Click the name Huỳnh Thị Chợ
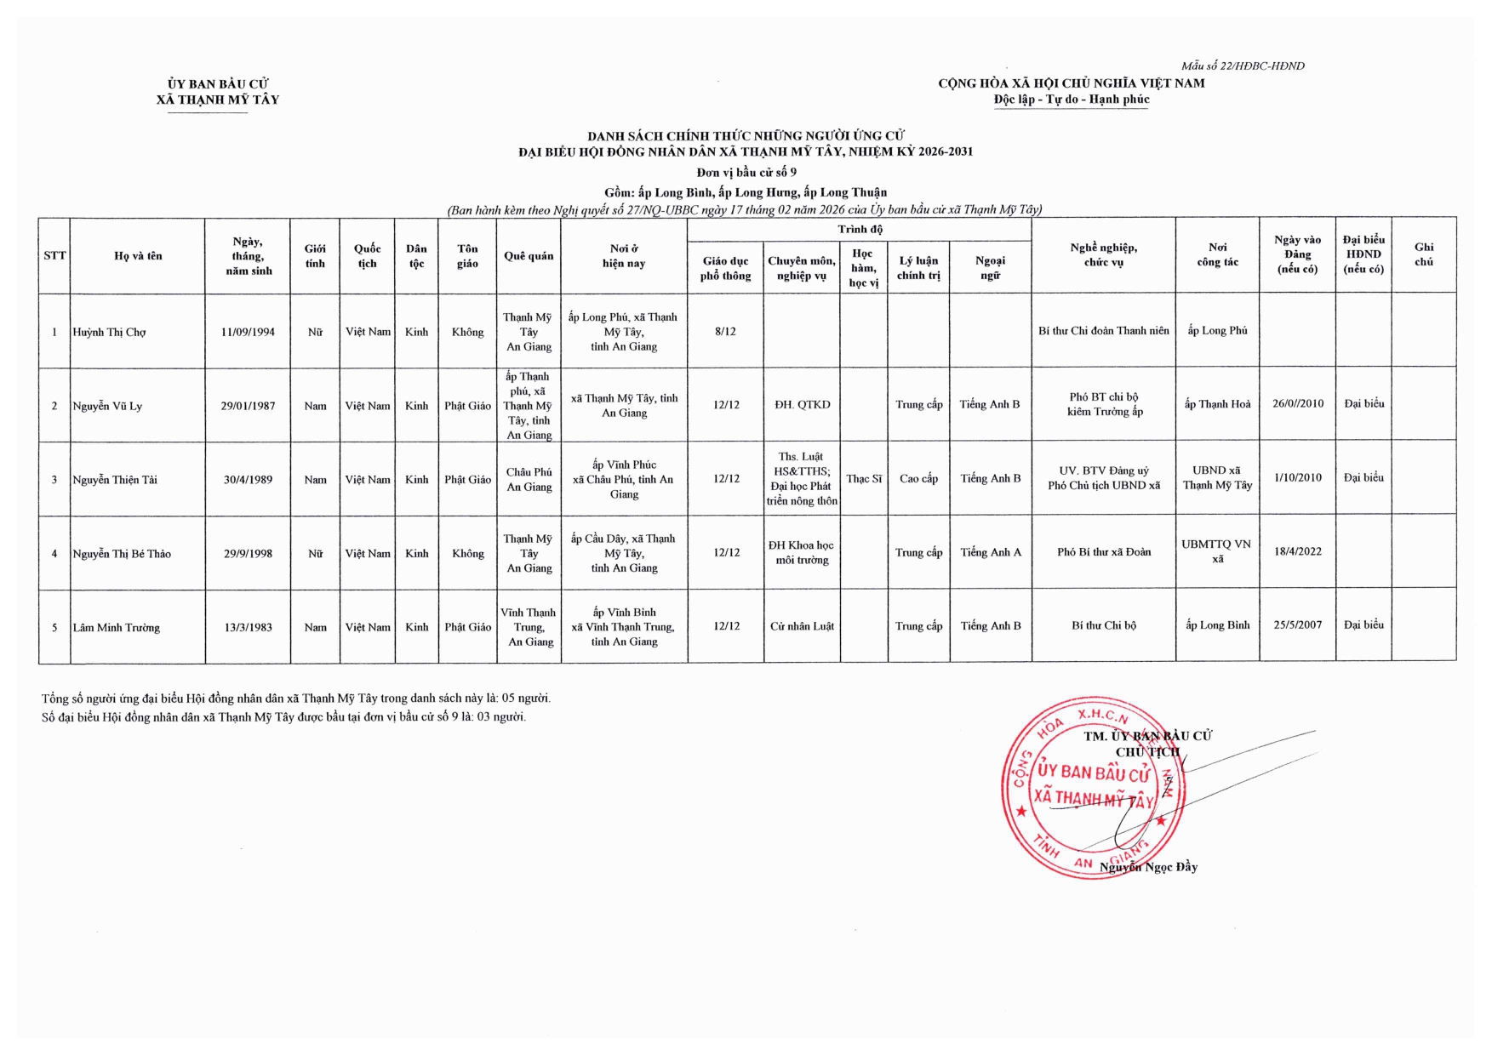coord(109,333)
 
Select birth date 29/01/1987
coord(248,406)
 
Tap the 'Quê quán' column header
coord(529,256)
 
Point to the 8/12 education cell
coord(725,331)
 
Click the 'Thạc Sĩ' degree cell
coord(864,479)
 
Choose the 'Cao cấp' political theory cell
coord(918,479)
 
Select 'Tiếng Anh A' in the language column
coord(990,552)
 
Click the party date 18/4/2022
coord(1297,551)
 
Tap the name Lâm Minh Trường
coord(117,628)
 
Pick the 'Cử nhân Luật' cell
coord(802,626)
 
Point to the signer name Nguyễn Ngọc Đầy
coord(1148,867)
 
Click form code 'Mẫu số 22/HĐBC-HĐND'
coord(1243,66)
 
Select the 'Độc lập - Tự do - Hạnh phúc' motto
coord(1071,100)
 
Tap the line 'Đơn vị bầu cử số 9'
coord(746,172)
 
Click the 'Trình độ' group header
coord(860,229)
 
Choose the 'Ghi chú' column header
coord(1423,254)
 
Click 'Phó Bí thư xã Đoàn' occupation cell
coord(1103,552)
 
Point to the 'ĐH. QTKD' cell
coord(802,405)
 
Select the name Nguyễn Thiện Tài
coord(115,480)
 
